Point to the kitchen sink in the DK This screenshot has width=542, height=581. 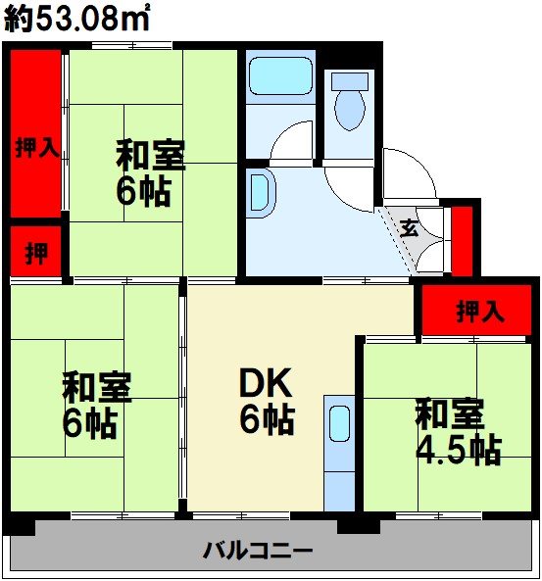[339, 424]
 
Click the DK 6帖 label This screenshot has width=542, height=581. [264, 403]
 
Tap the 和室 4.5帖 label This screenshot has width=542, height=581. [457, 432]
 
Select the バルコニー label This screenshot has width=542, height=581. [259, 550]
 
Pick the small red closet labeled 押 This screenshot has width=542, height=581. [36, 253]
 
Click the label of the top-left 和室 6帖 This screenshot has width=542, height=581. [150, 172]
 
